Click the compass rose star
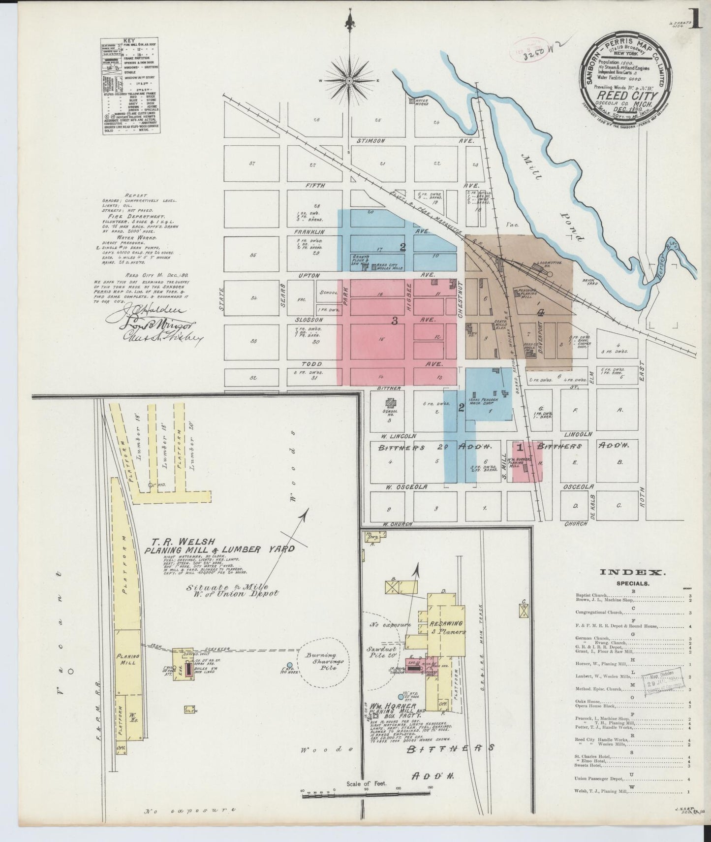click(349, 80)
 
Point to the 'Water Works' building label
click(422, 102)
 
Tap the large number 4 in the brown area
click(541, 312)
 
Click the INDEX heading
click(632, 572)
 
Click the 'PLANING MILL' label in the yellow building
click(127, 660)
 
